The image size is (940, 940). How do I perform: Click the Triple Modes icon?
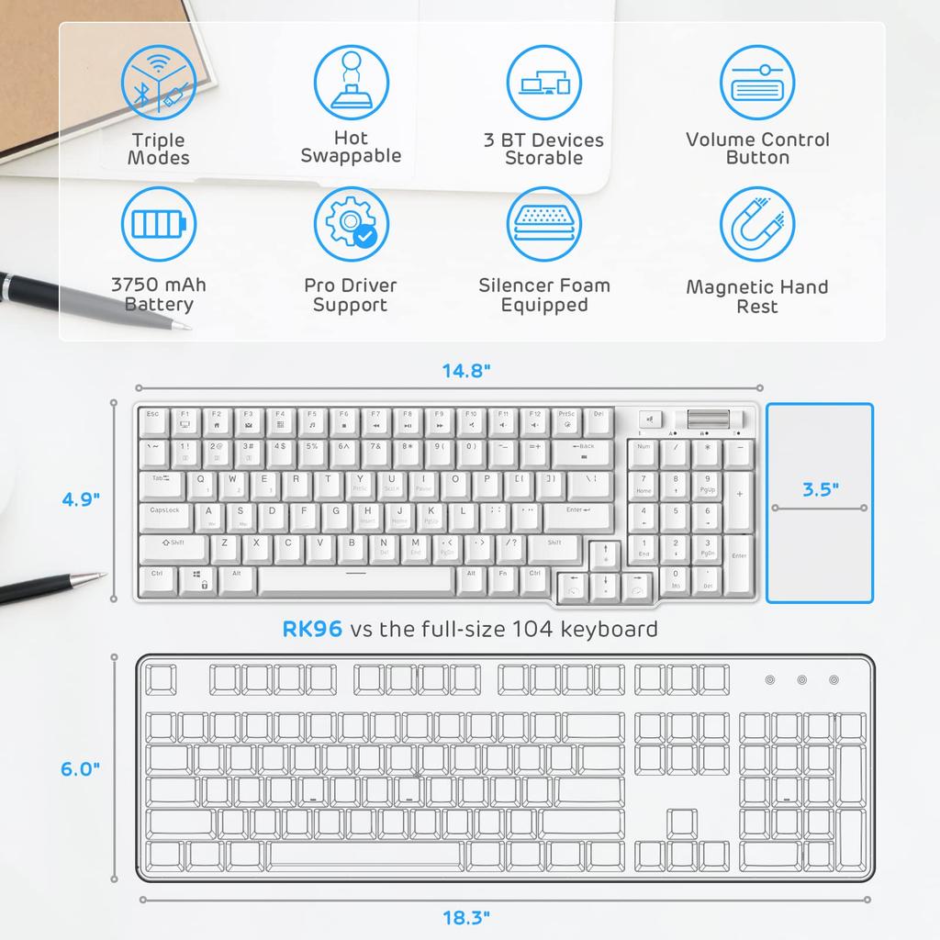pyautogui.click(x=158, y=83)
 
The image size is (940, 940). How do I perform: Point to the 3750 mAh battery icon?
pyautogui.click(x=158, y=225)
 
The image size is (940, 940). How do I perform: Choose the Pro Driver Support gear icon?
pyautogui.click(x=351, y=225)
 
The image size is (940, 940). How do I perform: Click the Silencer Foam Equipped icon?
pyautogui.click(x=544, y=225)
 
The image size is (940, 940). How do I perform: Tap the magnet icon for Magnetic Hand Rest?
pyautogui.click(x=756, y=225)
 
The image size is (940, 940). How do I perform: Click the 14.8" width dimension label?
pyautogui.click(x=467, y=371)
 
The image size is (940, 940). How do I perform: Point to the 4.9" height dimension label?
pyautogui.click(x=81, y=499)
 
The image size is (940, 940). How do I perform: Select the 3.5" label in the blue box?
pyautogui.click(x=820, y=489)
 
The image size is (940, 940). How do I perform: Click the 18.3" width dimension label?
pyautogui.click(x=466, y=916)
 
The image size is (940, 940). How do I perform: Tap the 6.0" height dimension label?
pyautogui.click(x=81, y=769)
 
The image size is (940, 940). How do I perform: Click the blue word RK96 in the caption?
pyautogui.click(x=312, y=629)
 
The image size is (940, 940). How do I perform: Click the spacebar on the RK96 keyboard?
pyautogui.click(x=355, y=579)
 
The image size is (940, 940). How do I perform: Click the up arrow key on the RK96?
pyautogui.click(x=605, y=553)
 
